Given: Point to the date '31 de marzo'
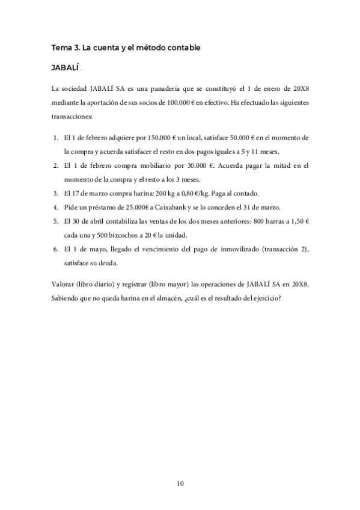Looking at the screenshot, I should pyautogui.click(x=263, y=207).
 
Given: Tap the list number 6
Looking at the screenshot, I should pyautogui.click(x=55, y=248).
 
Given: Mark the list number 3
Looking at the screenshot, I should pyautogui.click(x=55, y=193).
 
